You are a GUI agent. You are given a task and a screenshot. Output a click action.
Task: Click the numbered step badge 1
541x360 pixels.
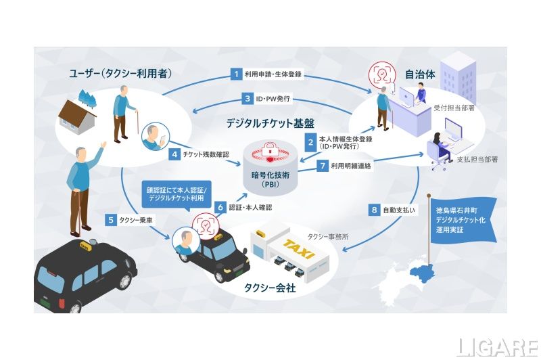[x=237, y=73]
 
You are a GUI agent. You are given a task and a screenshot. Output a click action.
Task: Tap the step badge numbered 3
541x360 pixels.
[x=248, y=98]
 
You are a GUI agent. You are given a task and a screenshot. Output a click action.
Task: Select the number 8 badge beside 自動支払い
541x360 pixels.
[x=373, y=210]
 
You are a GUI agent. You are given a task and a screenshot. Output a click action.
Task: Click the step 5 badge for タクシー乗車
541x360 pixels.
[x=110, y=219]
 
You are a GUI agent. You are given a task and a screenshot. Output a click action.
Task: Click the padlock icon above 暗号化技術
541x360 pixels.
[x=270, y=148]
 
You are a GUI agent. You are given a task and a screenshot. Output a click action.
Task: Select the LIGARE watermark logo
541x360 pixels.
[x=496, y=346]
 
